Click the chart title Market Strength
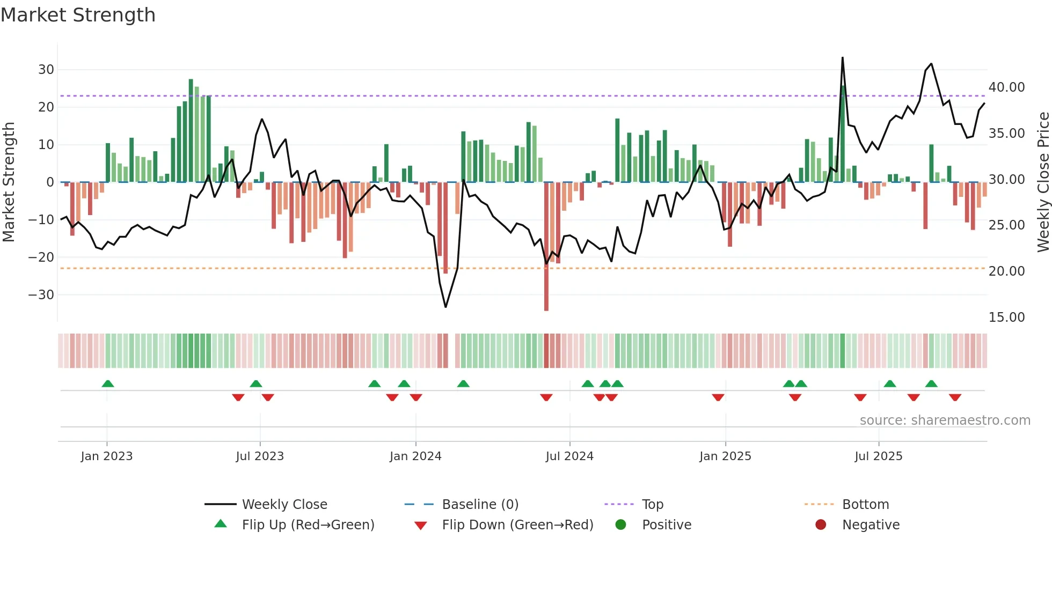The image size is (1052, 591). click(x=78, y=15)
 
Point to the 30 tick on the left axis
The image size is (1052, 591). click(x=46, y=70)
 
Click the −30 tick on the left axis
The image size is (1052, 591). click(x=41, y=295)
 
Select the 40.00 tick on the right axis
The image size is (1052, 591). click(x=1006, y=87)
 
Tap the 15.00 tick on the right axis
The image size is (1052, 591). click(x=1006, y=317)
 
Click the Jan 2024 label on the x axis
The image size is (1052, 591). click(x=415, y=456)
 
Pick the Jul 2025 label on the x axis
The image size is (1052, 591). click(x=878, y=456)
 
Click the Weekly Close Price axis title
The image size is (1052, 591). click(x=1043, y=182)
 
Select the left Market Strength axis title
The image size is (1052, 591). click(x=9, y=182)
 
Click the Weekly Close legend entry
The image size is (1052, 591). click(x=284, y=505)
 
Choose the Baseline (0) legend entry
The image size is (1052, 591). click(x=480, y=505)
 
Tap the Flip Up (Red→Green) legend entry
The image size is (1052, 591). click(x=308, y=525)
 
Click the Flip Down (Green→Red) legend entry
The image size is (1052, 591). click(x=517, y=525)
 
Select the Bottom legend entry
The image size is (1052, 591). click(x=865, y=505)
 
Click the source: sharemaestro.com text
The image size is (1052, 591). click(x=945, y=420)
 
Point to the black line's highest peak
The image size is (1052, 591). click(x=843, y=58)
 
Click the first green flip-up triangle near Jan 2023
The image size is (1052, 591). click(x=108, y=384)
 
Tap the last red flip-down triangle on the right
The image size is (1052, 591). click(x=955, y=397)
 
